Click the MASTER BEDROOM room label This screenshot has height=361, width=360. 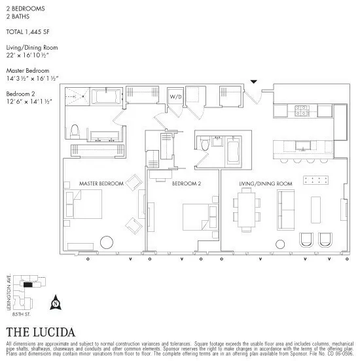tap(101, 184)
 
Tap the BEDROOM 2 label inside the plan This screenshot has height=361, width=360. tap(186, 184)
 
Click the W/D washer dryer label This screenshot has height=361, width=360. tap(175, 96)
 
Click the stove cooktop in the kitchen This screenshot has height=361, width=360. tap(302, 111)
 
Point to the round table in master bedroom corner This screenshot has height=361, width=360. tap(107, 242)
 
